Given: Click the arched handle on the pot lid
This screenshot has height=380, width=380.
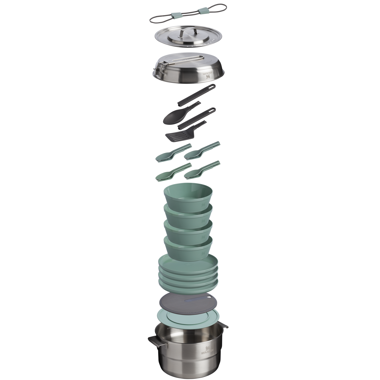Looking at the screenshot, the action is coord(188,33).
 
